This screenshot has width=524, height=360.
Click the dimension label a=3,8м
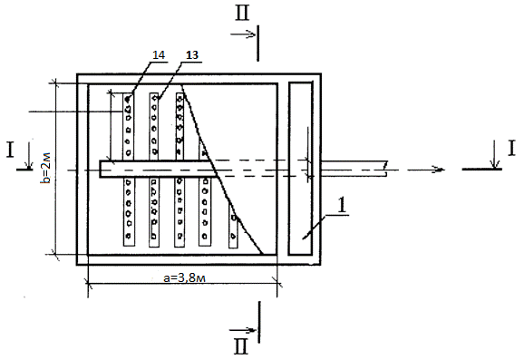pos(184,277)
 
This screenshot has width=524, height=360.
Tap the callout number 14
pos(159,55)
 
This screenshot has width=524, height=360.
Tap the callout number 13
pos(192,55)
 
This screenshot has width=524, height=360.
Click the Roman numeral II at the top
pos(242,14)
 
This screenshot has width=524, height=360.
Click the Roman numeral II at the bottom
pos(241,346)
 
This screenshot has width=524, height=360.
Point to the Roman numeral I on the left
pos(10,150)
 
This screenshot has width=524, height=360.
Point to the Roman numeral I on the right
pos(511,149)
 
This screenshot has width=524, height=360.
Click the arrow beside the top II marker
pos(243,34)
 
